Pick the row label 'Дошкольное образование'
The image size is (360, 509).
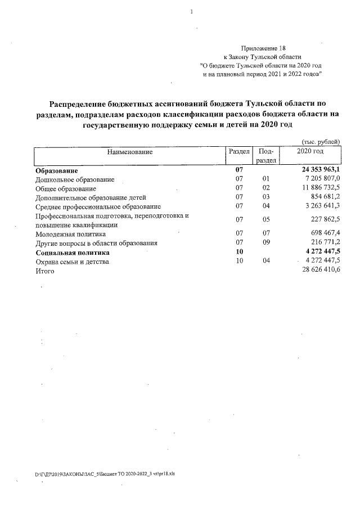coord(75,179)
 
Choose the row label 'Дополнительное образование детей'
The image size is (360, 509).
coord(91,197)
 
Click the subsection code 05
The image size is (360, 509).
coord(267,219)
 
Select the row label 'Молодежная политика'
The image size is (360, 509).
coord(70,234)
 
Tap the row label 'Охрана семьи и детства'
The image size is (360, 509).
coord(72,262)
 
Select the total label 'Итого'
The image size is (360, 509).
coord(45,271)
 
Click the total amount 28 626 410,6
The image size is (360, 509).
coord(319,271)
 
